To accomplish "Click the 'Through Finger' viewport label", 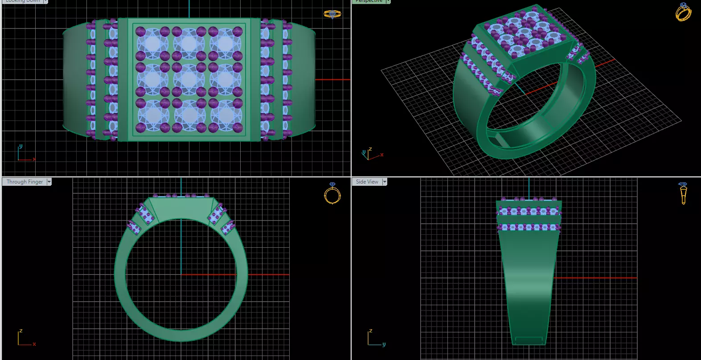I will [x=25, y=182].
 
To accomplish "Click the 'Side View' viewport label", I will [x=367, y=182].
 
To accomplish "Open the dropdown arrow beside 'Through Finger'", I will [x=49, y=182].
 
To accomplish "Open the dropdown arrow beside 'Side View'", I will [x=385, y=182].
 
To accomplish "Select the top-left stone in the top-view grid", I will [x=152, y=44].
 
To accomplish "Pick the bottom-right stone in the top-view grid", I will [x=225, y=116].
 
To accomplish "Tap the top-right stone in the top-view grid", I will [x=225, y=44].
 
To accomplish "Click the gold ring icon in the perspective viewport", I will [x=683, y=12].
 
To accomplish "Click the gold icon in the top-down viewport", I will [x=332, y=14].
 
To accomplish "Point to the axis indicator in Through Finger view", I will [x=25, y=339].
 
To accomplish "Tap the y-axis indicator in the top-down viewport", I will [x=20, y=147].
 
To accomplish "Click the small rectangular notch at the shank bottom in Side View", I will [x=529, y=340].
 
